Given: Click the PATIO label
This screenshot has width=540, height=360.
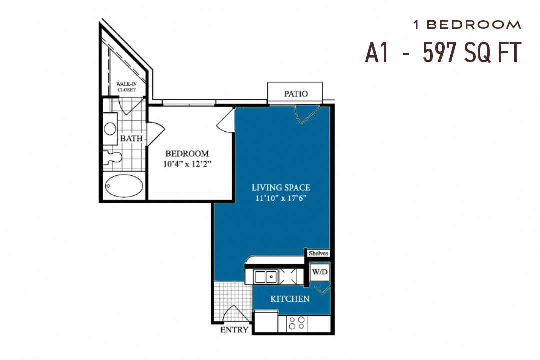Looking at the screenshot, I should tap(296, 94).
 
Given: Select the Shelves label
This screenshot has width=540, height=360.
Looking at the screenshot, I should tap(318, 253).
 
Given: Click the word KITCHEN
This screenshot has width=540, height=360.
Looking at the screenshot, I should tap(290, 299).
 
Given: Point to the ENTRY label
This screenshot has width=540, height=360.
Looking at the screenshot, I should tap(234, 330).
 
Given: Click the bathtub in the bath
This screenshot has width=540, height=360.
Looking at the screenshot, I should tap(124, 186).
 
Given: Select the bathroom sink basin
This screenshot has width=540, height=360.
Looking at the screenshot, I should tap(110, 128).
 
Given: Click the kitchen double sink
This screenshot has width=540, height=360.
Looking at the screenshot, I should tap(265, 276).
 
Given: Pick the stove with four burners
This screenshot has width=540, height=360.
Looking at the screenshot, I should tap(297, 323).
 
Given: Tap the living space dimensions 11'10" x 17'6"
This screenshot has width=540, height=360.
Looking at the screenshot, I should tap(280, 198).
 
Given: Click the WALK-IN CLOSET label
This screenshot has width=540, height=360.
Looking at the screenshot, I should tap(127, 87).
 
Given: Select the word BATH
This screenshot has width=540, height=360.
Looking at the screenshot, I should tap(131, 138).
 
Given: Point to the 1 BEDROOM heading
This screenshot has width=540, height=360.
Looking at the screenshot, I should tap(467, 24).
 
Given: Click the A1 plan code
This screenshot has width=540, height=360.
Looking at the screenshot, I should tap(377, 53).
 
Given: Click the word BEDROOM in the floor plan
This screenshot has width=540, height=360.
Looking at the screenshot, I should tap(187, 153).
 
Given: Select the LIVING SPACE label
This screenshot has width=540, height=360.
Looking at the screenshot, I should tap(280, 188).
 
